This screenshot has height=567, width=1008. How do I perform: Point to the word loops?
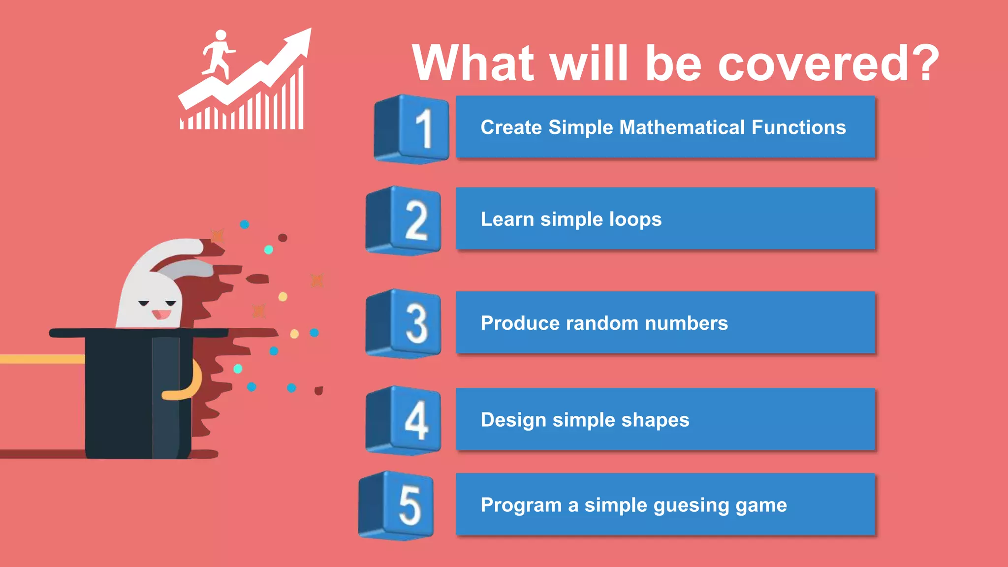(635, 220)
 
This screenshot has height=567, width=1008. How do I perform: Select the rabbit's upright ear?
(167, 251)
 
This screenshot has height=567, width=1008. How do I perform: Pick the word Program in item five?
(521, 505)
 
